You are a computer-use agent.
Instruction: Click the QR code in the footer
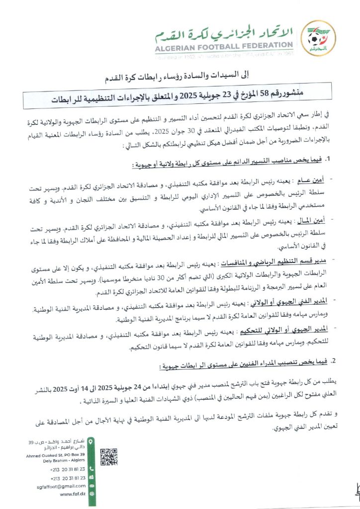(109, 456)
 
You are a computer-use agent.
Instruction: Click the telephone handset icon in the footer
(91, 468)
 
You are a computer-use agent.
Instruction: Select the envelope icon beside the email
(91, 486)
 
